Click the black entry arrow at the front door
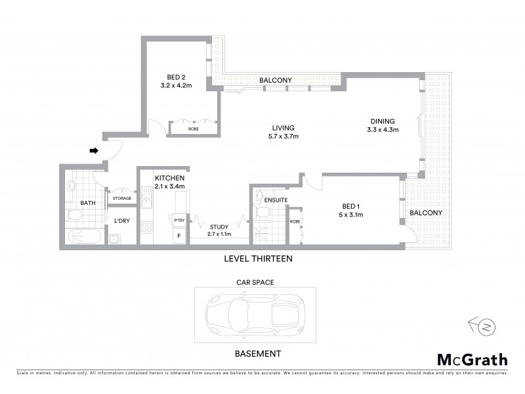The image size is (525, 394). click(94, 150)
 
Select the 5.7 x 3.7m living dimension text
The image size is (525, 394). click(283, 137)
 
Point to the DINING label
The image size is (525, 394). click(383, 121)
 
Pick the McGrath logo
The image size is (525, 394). click(472, 359)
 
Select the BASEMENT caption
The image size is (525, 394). click(258, 353)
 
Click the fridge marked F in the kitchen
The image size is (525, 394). click(177, 235)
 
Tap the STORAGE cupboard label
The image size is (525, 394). click(122, 198)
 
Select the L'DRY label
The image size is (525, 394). click(121, 221)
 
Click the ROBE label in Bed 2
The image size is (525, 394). click(194, 129)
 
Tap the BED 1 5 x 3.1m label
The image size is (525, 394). click(350, 210)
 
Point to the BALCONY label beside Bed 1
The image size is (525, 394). click(426, 213)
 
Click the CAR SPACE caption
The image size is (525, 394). click(255, 282)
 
